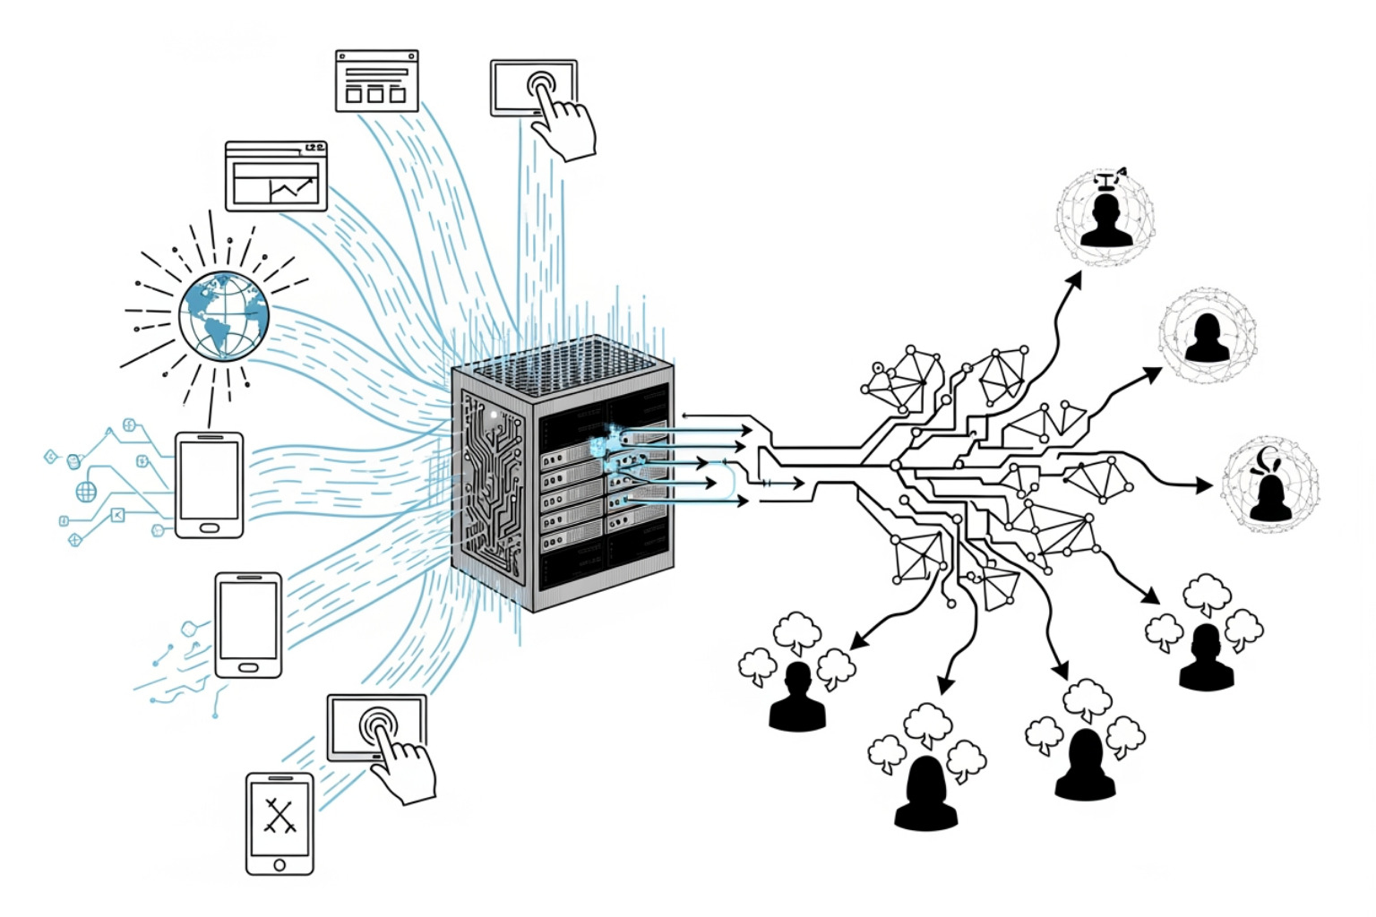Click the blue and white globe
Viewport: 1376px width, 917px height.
click(223, 315)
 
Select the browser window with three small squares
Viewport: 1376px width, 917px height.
click(376, 81)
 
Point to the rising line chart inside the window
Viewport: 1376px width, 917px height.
click(291, 188)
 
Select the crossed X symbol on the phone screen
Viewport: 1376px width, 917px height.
click(279, 815)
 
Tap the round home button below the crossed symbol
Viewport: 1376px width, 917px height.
click(279, 864)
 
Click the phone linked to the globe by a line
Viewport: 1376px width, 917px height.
click(209, 484)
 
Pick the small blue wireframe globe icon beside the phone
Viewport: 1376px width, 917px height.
click(86, 491)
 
